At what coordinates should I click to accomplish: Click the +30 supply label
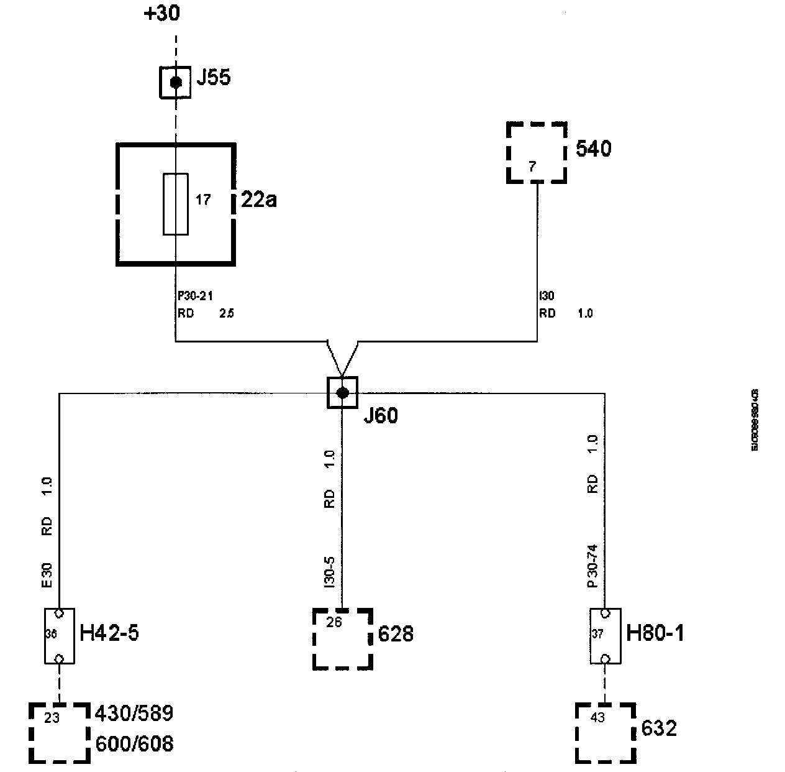pyautogui.click(x=161, y=14)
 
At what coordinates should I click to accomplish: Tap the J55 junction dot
pyautogui.click(x=176, y=81)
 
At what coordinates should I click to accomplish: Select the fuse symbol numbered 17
pyautogui.click(x=176, y=204)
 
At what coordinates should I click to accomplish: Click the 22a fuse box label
pyautogui.click(x=258, y=200)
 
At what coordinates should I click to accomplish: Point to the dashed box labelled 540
pyautogui.click(x=537, y=152)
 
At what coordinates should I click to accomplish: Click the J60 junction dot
pyautogui.click(x=342, y=392)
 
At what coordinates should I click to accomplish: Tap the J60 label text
pyautogui.click(x=380, y=416)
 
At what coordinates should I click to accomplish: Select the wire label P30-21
pyautogui.click(x=195, y=296)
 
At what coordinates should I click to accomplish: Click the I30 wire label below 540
pyautogui.click(x=547, y=296)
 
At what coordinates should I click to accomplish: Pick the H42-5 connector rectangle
pyautogui.click(x=60, y=636)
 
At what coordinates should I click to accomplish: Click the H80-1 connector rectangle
pyautogui.click(x=605, y=636)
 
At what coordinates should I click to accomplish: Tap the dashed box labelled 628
pyautogui.click(x=342, y=639)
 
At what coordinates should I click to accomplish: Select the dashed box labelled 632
pyautogui.click(x=605, y=732)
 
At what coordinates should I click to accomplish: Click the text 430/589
pyautogui.click(x=134, y=713)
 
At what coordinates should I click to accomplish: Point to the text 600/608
pyautogui.click(x=134, y=743)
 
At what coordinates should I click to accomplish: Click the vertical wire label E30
pyautogui.click(x=48, y=576)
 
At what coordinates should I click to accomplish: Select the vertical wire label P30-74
pyautogui.click(x=592, y=567)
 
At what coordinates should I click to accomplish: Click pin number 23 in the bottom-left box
pyautogui.click(x=52, y=717)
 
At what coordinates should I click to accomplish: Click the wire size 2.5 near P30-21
pyautogui.click(x=226, y=313)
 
